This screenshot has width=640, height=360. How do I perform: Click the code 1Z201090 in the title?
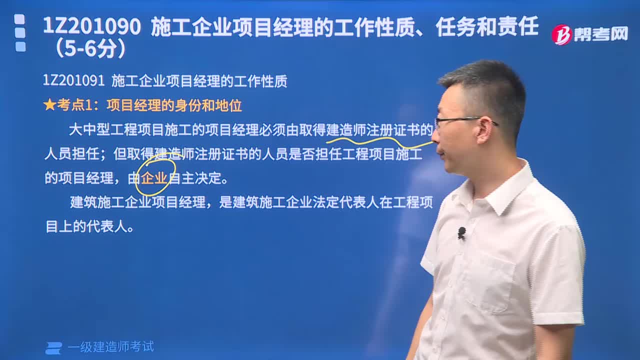[92, 27]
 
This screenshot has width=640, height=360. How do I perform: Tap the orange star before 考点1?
[49, 105]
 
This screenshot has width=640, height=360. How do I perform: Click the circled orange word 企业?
[154, 178]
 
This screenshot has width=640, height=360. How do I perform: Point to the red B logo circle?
[561, 34]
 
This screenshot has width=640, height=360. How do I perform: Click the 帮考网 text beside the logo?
[600, 34]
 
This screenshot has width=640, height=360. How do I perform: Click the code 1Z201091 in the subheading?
[73, 81]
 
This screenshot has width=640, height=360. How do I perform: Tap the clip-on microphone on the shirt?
[461, 232]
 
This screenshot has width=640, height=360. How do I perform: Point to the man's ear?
[483, 130]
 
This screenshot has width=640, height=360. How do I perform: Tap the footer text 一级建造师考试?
[110, 347]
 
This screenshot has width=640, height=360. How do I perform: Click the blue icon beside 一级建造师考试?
[53, 348]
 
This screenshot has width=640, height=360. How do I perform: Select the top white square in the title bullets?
[19, 19]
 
